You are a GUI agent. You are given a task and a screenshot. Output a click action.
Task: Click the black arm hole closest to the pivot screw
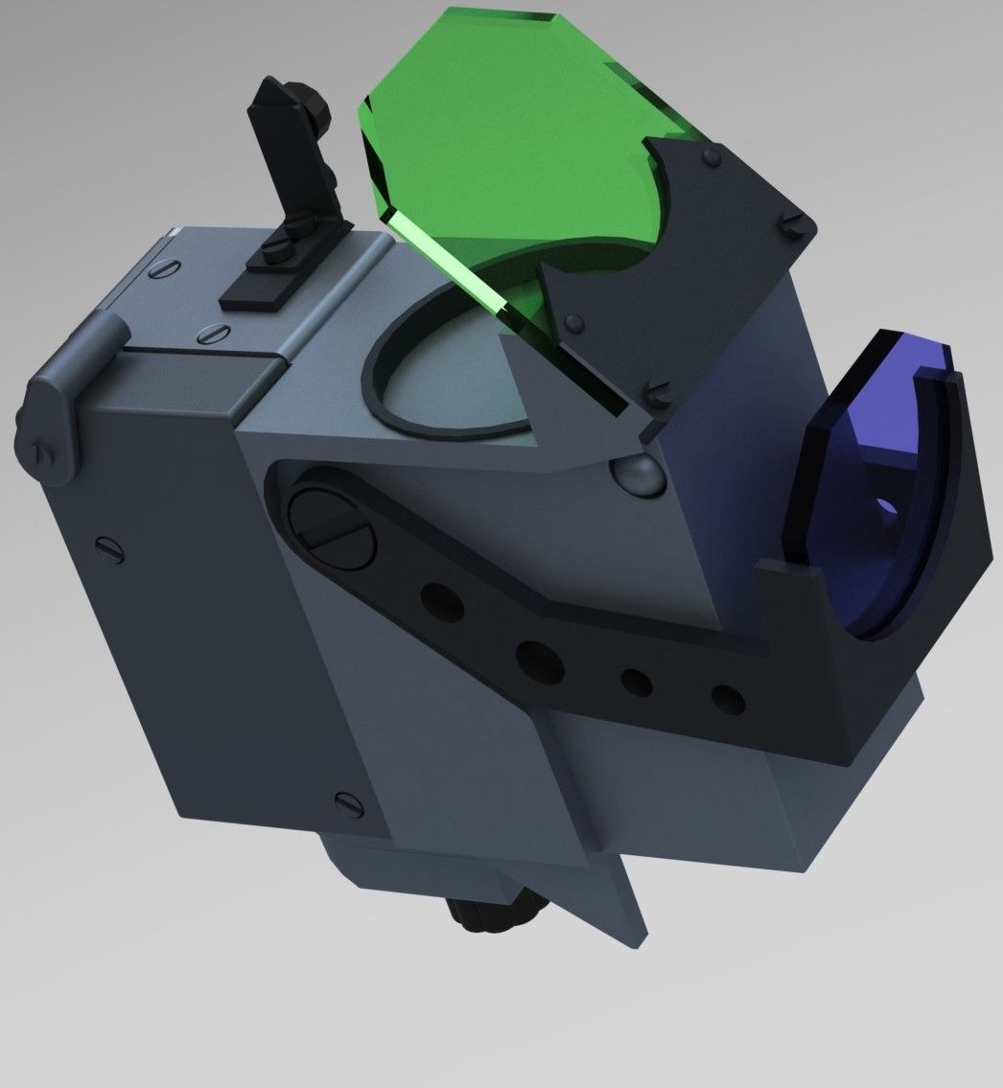coord(440,602)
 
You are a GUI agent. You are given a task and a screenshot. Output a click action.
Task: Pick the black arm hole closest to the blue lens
coord(728,699)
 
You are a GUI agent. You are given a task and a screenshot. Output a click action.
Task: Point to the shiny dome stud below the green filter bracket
coord(635,473)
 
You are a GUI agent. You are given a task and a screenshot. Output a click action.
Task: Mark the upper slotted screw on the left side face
coord(107,548)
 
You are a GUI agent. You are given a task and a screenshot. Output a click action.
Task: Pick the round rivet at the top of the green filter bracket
coord(710,156)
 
